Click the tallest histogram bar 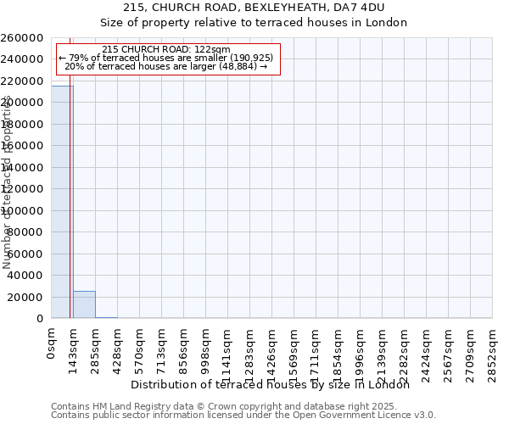point(62,202)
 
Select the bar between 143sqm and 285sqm point(84,304)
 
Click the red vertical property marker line point(70,212)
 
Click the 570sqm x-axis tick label point(139,349)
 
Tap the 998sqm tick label point(205,349)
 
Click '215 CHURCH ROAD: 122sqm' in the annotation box point(165,50)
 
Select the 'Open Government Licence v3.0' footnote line point(243,416)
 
